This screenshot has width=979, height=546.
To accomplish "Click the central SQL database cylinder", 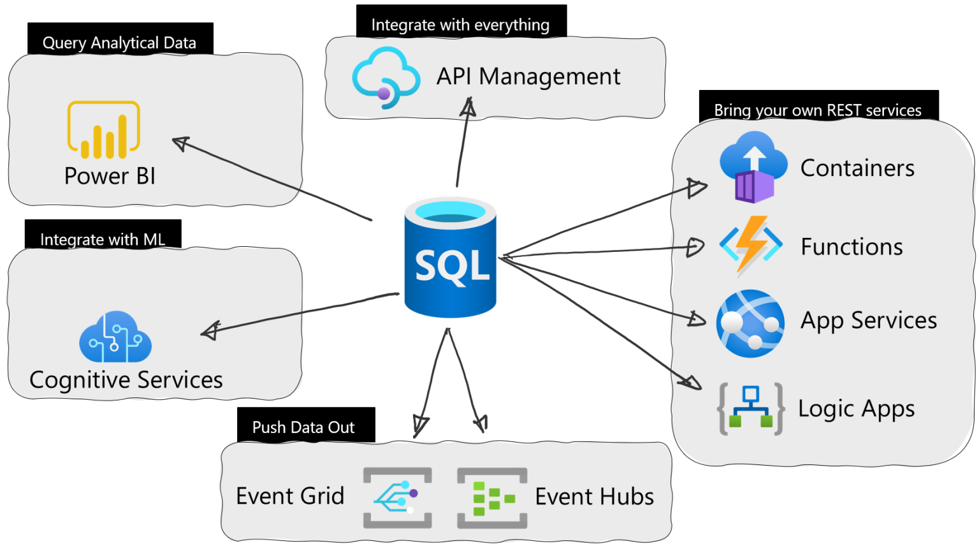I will click(450, 258).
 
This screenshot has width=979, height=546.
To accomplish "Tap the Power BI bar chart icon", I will click(104, 130).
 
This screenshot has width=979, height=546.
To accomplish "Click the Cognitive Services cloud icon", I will click(115, 337).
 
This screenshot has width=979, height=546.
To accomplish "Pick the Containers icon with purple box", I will click(753, 167).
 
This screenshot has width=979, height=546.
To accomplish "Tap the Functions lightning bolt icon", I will click(751, 246).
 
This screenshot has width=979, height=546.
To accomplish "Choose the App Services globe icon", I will click(750, 323).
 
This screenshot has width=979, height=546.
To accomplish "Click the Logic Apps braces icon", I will click(751, 409).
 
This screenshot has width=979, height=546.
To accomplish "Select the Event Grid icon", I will click(397, 498).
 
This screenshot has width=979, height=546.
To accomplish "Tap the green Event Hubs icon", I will click(492, 498).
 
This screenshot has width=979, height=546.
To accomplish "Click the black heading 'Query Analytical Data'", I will click(119, 42).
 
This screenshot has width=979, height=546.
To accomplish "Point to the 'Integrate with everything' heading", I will click(460, 24).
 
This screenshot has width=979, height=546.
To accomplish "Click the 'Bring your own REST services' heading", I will click(818, 110).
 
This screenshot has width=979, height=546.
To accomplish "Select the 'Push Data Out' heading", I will click(303, 427).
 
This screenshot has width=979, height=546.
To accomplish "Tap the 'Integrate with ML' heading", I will click(103, 239).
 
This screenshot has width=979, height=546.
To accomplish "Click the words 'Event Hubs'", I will click(594, 496).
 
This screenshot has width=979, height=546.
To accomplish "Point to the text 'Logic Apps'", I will click(856, 409).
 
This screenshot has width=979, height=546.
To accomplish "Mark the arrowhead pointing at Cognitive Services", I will click(210, 330).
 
